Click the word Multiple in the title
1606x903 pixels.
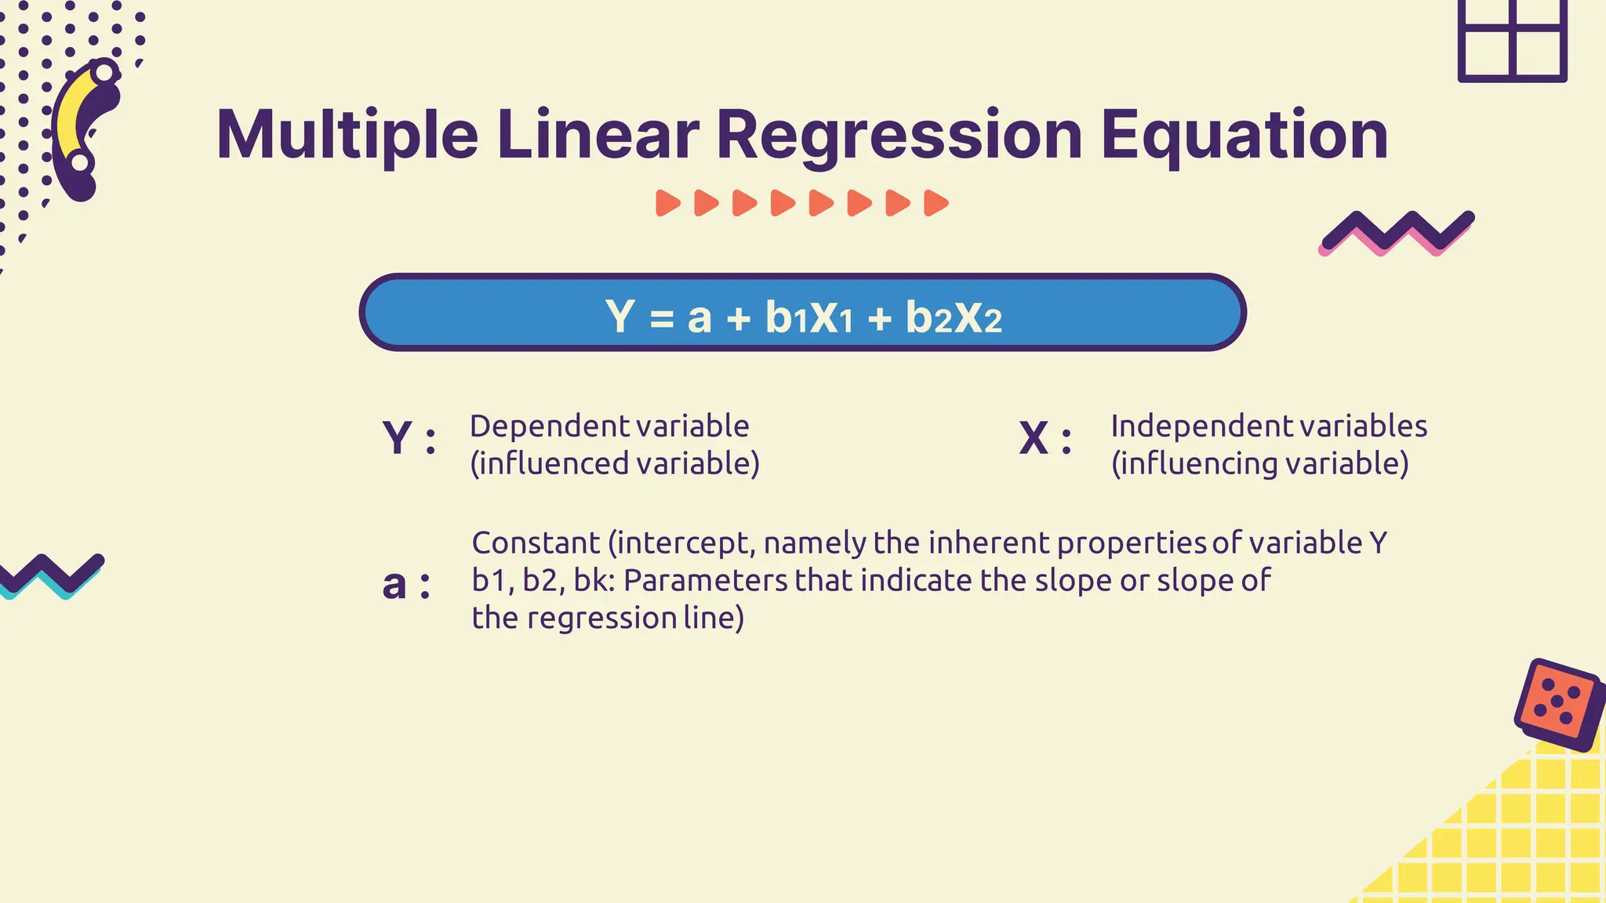(x=347, y=135)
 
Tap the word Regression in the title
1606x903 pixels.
(x=899, y=135)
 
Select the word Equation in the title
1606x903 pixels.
(x=1244, y=135)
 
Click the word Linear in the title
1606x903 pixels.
(x=598, y=135)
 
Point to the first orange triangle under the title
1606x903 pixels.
(x=667, y=203)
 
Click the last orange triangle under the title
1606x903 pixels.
(x=936, y=203)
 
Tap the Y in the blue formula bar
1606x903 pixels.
(x=620, y=316)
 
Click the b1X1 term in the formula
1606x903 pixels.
(x=808, y=317)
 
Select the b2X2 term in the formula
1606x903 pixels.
(x=954, y=317)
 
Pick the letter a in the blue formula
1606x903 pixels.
(x=699, y=317)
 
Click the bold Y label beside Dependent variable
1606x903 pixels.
(x=398, y=437)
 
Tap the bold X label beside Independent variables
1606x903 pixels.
(x=1034, y=437)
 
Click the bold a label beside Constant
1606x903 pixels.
(x=394, y=584)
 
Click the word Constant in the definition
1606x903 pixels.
(x=536, y=542)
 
